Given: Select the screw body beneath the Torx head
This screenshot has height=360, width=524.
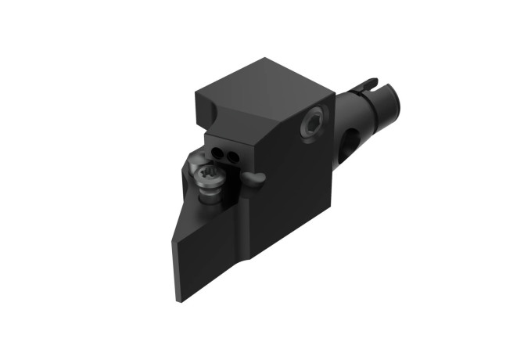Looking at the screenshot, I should click(x=211, y=190).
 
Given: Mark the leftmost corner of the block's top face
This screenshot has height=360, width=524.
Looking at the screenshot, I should click(x=196, y=93).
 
